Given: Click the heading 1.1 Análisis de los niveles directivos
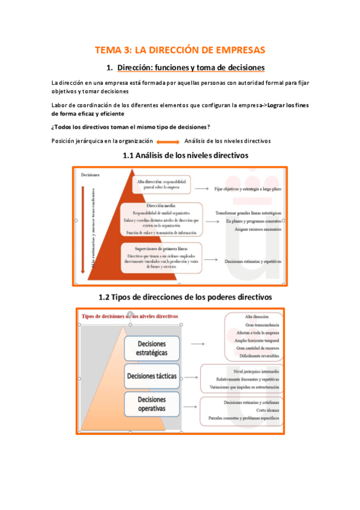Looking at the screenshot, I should click(185, 155).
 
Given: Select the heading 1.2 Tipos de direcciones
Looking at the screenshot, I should click(185, 297).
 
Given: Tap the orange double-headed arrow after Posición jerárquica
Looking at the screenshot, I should click(163, 141).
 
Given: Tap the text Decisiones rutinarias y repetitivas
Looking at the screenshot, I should click(253, 262).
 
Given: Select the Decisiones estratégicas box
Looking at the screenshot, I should click(152, 348).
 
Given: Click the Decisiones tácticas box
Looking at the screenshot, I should click(152, 376).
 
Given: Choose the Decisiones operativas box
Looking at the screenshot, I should click(152, 404).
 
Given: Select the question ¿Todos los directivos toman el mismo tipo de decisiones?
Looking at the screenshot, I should click(131, 127).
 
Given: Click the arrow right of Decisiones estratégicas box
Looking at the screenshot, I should click(198, 343).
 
